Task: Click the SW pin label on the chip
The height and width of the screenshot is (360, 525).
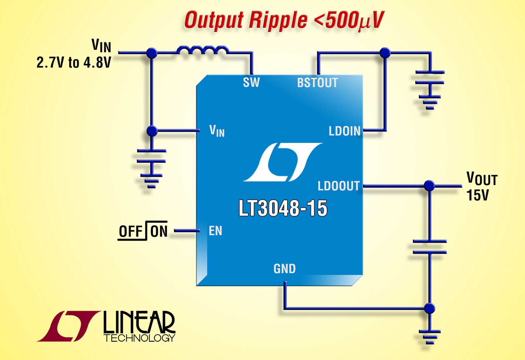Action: (x=251, y=82)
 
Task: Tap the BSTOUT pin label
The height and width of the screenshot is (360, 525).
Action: (x=317, y=83)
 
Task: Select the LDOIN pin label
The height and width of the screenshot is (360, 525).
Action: (x=344, y=131)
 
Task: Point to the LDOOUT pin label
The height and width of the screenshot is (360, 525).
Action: (x=339, y=186)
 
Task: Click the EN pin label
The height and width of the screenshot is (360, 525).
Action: (x=215, y=231)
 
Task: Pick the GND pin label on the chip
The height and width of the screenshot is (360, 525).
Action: (x=284, y=269)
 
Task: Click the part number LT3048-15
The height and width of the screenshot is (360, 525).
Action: (x=283, y=208)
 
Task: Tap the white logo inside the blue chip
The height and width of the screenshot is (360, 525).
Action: (x=282, y=162)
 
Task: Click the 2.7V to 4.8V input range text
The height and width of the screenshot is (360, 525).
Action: (x=74, y=63)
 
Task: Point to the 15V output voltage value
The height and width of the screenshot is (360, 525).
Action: (x=477, y=195)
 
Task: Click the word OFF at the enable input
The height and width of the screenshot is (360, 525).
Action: (x=130, y=232)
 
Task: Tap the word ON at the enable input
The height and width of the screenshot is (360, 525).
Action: (x=159, y=232)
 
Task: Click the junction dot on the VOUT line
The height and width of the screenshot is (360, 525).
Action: (x=429, y=186)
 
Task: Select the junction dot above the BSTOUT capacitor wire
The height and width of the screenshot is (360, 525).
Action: (x=385, y=53)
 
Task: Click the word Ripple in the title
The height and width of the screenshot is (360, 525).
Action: (x=278, y=20)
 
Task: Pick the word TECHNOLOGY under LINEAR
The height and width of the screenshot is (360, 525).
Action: (x=139, y=338)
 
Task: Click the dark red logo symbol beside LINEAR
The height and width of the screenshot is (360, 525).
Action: (x=68, y=326)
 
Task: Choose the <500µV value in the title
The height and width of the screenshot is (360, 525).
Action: (x=348, y=20)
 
